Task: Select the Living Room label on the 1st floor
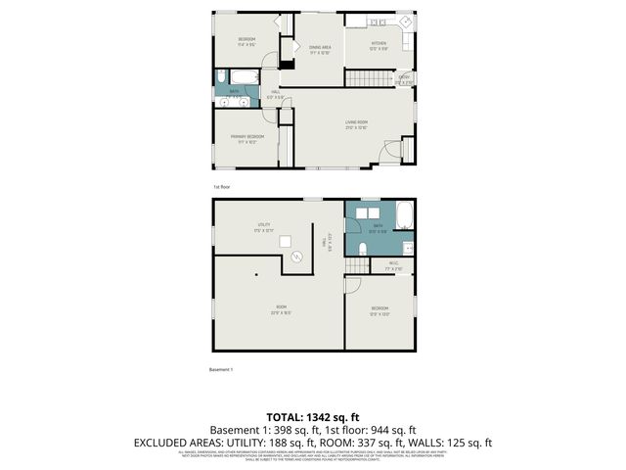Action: (356, 124)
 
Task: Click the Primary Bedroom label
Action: (246, 138)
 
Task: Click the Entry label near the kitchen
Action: (403, 79)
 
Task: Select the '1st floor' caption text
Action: (222, 186)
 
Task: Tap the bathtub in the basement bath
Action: (405, 217)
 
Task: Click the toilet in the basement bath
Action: (361, 248)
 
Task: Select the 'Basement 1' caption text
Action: (224, 369)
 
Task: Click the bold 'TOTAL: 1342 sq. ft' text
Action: (313, 417)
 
